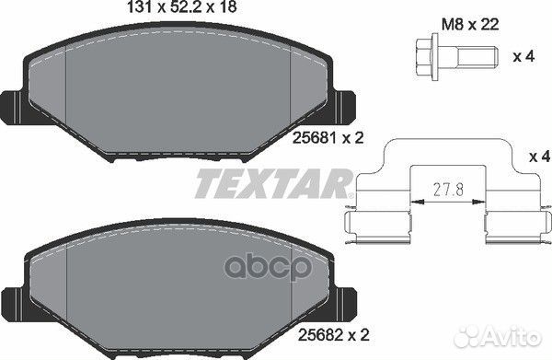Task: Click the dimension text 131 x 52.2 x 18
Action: (181, 7)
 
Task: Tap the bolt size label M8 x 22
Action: (470, 25)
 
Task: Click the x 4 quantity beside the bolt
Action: (524, 57)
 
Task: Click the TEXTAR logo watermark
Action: (274, 183)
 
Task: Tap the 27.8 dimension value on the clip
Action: (448, 191)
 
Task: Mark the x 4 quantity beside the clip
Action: (540, 157)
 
